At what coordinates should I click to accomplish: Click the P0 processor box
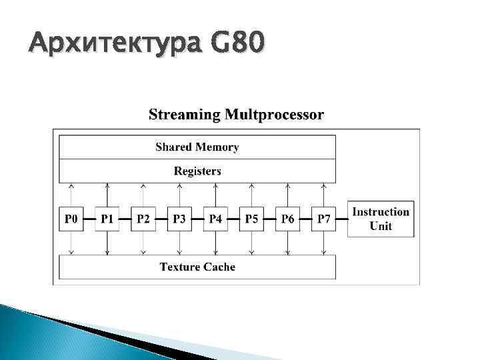pyautogui.click(x=71, y=219)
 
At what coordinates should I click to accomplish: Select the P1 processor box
pyautogui.click(x=107, y=219)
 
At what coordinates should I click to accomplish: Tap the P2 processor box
pyautogui.click(x=143, y=219)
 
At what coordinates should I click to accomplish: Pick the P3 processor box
pyautogui.click(x=179, y=219)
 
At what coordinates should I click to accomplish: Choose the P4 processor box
pyautogui.click(x=215, y=219)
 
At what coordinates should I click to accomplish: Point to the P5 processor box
pyautogui.click(x=251, y=219)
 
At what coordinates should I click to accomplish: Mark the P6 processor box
pyautogui.click(x=287, y=219)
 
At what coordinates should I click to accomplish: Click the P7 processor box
pyautogui.click(x=323, y=219)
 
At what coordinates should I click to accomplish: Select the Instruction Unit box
pyautogui.click(x=381, y=219)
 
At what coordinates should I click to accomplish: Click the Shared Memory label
pyautogui.click(x=197, y=147)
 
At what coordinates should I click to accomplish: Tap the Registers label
pyautogui.click(x=197, y=171)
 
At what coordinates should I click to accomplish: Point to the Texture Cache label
pyautogui.click(x=197, y=267)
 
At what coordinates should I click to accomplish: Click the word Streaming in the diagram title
pyautogui.click(x=184, y=115)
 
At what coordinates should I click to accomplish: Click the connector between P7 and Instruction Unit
pyautogui.click(x=341, y=219)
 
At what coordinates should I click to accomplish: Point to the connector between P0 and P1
pyautogui.click(x=89, y=219)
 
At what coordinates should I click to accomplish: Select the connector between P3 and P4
pyautogui.click(x=197, y=219)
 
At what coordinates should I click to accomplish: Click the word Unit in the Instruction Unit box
pyautogui.click(x=381, y=226)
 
